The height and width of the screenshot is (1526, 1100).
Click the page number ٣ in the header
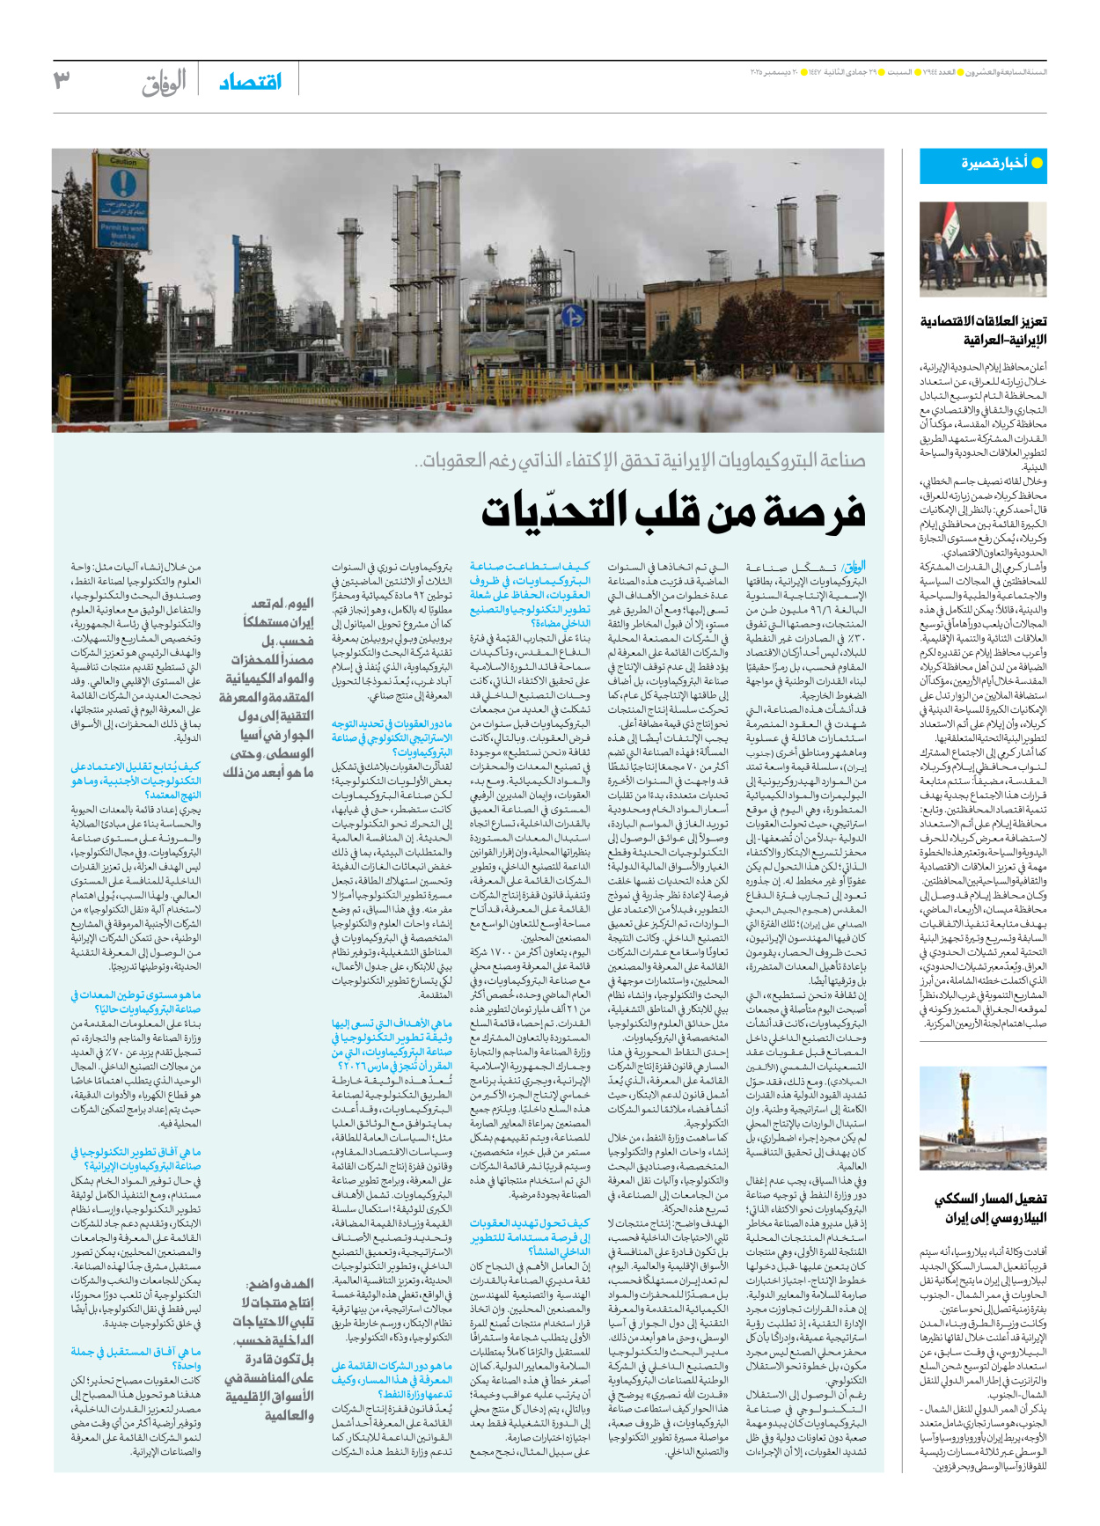(x=62, y=80)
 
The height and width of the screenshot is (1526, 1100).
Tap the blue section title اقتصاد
(x=251, y=82)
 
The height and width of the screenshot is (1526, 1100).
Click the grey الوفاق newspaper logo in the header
(x=165, y=82)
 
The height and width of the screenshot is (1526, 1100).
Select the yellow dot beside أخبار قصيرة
(x=1037, y=163)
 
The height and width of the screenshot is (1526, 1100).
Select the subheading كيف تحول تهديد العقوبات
(x=529, y=1236)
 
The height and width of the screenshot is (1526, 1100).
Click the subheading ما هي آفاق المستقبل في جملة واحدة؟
(x=136, y=1358)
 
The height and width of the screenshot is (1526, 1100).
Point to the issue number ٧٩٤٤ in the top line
(x=944, y=71)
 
